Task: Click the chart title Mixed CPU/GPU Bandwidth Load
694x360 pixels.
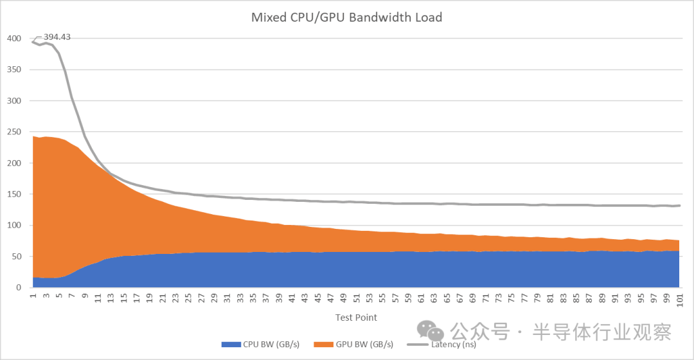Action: pos(346,17)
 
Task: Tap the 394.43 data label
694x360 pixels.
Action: pos(57,37)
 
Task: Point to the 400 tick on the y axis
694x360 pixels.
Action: pos(14,39)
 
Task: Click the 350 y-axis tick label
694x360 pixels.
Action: pos(14,69)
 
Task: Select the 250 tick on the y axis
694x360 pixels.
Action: pos(14,132)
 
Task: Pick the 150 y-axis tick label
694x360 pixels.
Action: pos(14,194)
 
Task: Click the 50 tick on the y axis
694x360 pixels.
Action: pos(17,256)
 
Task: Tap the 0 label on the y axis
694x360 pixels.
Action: pos(19,287)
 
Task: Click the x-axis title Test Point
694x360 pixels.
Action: pos(355,318)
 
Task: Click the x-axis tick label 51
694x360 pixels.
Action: pos(356,300)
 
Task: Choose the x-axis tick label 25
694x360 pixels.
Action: pos(188,300)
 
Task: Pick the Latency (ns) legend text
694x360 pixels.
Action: pos(452,345)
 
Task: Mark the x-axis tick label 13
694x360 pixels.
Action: pos(110,300)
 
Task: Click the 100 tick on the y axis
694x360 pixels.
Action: pos(14,225)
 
